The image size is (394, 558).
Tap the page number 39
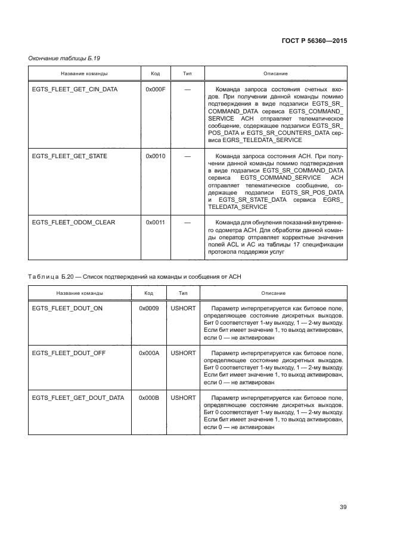click(343, 507)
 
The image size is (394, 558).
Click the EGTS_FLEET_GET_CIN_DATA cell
click(75, 89)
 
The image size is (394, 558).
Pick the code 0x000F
click(155, 89)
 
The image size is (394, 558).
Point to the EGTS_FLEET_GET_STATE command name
click(69, 156)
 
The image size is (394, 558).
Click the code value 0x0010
click(155, 156)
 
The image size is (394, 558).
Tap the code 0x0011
click(155, 223)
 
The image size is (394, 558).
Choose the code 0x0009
click(148, 306)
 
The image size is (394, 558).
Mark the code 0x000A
click(148, 353)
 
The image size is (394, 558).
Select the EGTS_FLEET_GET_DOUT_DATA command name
click(77, 397)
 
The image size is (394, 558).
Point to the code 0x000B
click(148, 397)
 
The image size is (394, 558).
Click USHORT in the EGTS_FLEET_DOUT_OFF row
click(183, 353)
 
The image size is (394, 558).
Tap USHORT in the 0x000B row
click(183, 397)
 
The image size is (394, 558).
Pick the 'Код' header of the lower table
click(148, 293)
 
